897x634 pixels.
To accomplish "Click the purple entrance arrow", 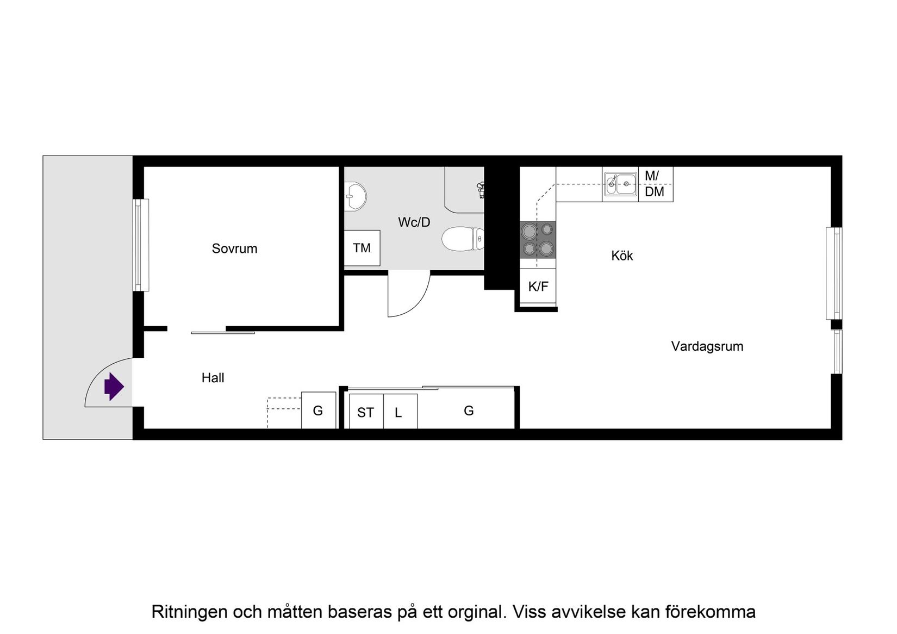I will coord(114,387).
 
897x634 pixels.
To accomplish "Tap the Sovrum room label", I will coord(234,248).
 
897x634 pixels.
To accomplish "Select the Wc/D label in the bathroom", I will coord(414,222).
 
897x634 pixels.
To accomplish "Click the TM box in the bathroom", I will coord(362,248).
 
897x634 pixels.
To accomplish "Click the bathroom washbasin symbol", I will coord(356,196).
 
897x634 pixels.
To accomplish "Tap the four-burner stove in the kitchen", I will coord(538,239).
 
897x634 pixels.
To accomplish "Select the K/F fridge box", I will coord(538,286).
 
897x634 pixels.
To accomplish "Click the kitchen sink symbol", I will coord(620,184).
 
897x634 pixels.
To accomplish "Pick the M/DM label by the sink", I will coord(655,184).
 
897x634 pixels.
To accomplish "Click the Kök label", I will coord(622,256).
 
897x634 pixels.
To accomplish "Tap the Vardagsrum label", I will coord(707,346).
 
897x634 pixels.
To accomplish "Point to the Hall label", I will coord(213,378).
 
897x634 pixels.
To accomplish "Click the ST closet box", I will coord(366,412).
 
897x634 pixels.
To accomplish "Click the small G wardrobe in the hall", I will coord(318,411).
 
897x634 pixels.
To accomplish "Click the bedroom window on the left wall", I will coord(141,245).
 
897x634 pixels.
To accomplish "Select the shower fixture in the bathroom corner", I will coord(481,189).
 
